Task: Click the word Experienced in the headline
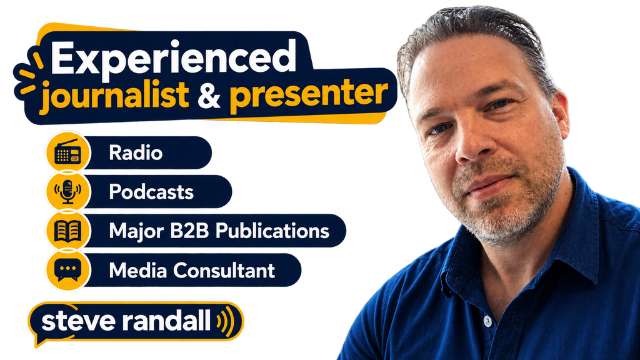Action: (174, 58)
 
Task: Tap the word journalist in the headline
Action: (115, 95)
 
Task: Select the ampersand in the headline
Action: (209, 95)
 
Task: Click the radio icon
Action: (67, 152)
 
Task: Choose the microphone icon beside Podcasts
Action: (67, 191)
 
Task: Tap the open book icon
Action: (67, 231)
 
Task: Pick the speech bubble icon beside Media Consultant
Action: (67, 270)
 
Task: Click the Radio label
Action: (136, 153)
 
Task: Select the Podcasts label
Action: (151, 192)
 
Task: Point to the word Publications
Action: (272, 231)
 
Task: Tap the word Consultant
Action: (224, 271)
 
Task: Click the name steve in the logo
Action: (78, 321)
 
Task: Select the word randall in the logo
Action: (167, 319)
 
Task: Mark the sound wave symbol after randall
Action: (226, 321)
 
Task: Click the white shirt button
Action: (487, 321)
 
